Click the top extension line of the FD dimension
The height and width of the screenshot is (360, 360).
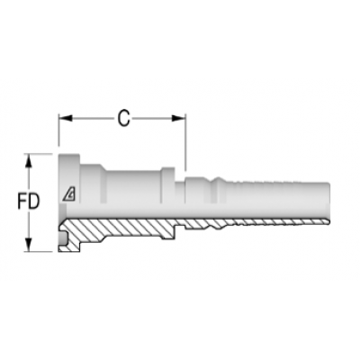pos(40,153)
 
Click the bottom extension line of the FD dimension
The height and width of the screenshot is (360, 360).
pos(40,250)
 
